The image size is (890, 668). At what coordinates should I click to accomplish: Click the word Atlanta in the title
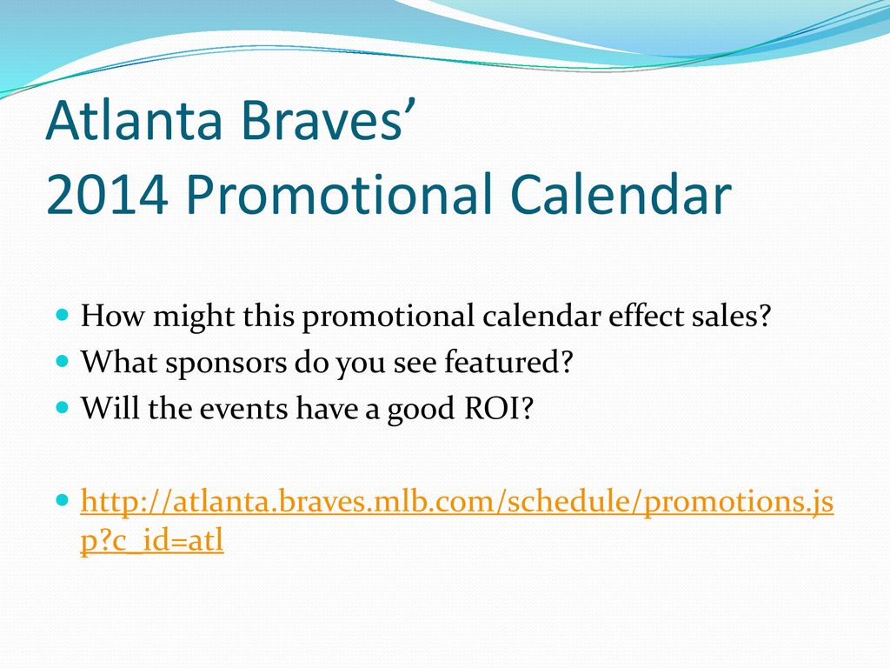[x=134, y=120]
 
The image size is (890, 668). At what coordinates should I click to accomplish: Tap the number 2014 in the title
[x=107, y=193]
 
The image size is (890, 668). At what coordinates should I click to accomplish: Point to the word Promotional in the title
[x=339, y=193]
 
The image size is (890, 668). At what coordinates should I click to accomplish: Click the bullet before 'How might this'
[x=63, y=313]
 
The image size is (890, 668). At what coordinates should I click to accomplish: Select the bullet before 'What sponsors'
[x=63, y=360]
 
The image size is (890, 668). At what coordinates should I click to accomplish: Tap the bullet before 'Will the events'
[x=63, y=407]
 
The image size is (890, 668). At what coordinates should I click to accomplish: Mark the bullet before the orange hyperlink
[x=63, y=500]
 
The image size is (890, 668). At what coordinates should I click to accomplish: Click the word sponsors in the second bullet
[x=226, y=363]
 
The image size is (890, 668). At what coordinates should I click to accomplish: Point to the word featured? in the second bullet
[x=508, y=362]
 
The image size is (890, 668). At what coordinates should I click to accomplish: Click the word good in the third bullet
[x=421, y=410]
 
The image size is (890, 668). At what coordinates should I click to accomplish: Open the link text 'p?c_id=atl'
[x=152, y=541]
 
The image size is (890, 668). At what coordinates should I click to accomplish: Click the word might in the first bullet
[x=194, y=317]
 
